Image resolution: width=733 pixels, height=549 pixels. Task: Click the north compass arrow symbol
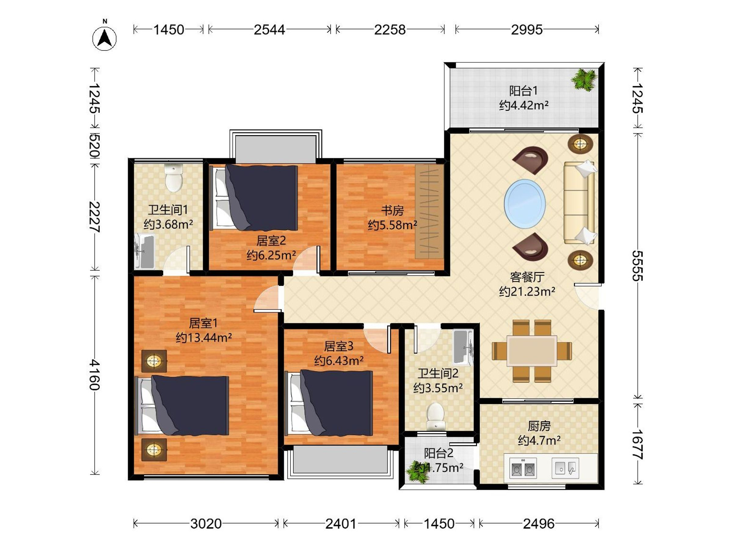(104, 38)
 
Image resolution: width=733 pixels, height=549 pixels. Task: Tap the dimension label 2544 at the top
(269, 30)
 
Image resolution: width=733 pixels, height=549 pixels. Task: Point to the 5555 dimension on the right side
(638, 266)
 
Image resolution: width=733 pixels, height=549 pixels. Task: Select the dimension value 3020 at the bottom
(206, 523)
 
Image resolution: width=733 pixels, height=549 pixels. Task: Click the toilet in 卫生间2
(436, 416)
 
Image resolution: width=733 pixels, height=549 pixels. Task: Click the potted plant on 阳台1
(584, 79)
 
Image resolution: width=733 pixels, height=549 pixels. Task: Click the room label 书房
(392, 210)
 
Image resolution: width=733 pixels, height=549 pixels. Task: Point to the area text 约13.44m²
(203, 338)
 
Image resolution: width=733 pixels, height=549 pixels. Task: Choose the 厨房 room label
(539, 426)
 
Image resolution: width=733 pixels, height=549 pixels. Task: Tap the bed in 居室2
(254, 198)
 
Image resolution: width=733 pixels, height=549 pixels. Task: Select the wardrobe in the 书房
(429, 212)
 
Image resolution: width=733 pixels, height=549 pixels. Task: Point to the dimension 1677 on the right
(638, 444)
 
